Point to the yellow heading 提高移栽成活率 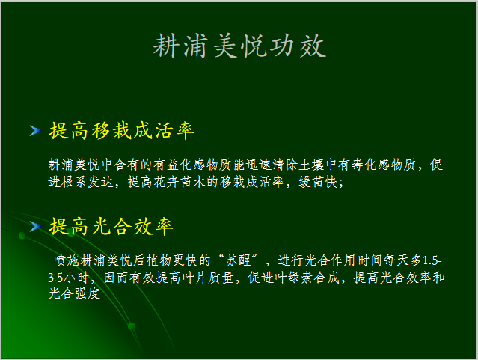tap(121, 132)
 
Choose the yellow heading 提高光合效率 tap(111, 225)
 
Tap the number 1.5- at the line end tap(432, 261)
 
